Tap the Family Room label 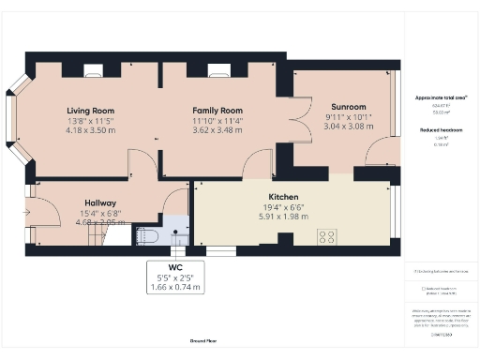tap(217, 110)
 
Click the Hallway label tap(100, 202)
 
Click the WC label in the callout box tap(175, 268)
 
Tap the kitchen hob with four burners tap(327, 237)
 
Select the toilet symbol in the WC tap(148, 234)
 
